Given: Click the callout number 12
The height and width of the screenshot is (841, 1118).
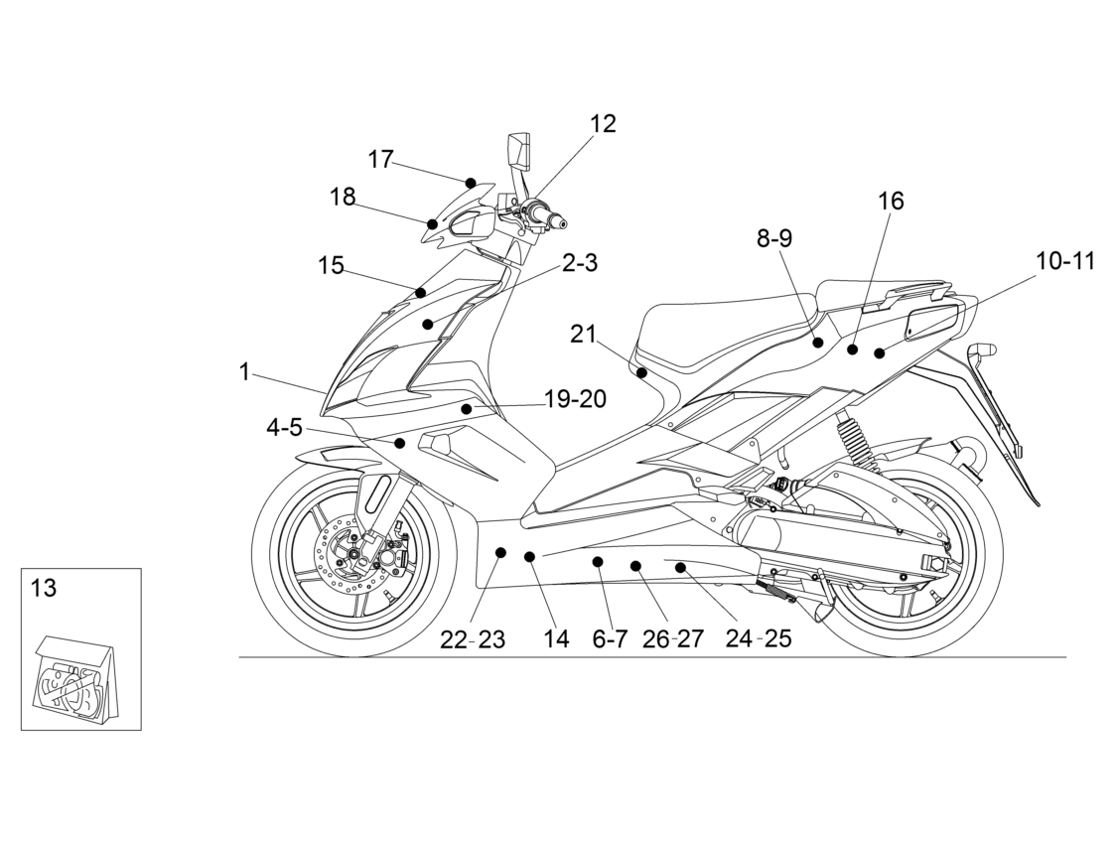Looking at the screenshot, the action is point(603,123).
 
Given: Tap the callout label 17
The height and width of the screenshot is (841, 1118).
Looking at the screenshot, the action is point(380,159).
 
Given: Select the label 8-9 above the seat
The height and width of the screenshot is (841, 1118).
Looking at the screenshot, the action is point(774,238).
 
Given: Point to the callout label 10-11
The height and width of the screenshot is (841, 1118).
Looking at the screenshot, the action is point(1065,261).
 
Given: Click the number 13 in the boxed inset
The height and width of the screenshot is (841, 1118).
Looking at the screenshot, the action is point(44,589).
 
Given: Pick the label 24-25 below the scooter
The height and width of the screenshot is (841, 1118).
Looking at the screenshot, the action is point(759,638).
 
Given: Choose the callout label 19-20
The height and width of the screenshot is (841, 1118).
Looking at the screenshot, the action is point(576,399).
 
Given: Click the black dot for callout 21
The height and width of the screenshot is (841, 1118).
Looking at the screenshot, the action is point(641,373).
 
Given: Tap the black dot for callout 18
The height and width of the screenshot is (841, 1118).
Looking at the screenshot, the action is point(432,224).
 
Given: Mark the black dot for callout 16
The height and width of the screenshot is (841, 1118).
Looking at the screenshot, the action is point(852,349).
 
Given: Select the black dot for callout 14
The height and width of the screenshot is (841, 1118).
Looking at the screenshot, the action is point(529,556).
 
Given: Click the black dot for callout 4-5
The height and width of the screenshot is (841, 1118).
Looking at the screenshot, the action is point(400,444).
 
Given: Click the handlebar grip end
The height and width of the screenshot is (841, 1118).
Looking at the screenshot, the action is point(563,223).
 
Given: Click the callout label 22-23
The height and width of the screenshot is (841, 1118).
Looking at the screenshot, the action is point(472,639).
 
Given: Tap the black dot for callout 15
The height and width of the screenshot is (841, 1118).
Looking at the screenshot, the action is point(421,293).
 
